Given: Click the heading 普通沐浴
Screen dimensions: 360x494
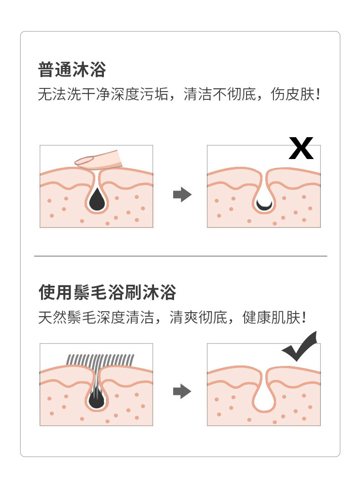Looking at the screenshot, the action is pos(72,71).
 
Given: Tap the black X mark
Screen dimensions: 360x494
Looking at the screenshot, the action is pos(301,149).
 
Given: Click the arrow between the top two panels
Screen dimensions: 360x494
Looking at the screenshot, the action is pos(182,195).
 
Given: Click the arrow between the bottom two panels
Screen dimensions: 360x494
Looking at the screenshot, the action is pos(182,391).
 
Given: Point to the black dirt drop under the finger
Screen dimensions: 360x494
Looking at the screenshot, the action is pos(97,199).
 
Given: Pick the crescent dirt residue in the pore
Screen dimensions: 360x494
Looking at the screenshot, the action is pos(264,206).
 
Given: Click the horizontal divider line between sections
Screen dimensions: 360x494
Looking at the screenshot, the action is pos(180,256).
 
